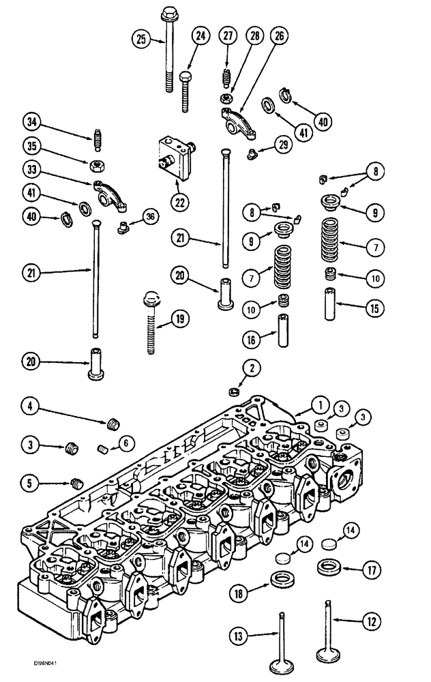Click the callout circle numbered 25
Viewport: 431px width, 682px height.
pyautogui.click(x=140, y=39)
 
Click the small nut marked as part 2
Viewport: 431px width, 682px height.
pyautogui.click(x=232, y=391)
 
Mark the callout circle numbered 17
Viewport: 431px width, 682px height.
pyautogui.click(x=370, y=567)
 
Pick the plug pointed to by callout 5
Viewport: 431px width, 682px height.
pyautogui.click(x=77, y=484)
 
